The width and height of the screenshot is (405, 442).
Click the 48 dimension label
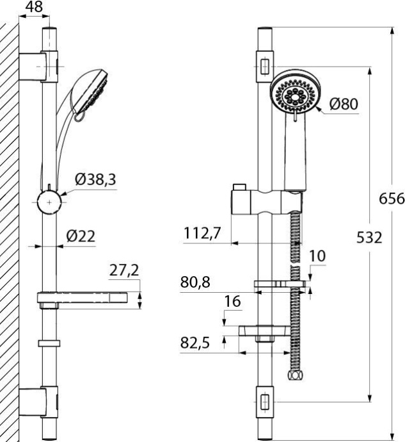click(34, 6)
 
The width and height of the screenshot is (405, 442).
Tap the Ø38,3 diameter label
click(95, 179)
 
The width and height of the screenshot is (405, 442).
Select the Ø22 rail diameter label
click(81, 236)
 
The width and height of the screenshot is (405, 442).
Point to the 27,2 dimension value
click(124, 270)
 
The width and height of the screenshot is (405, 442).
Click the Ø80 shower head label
click(344, 104)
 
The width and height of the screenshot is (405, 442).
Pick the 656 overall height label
click(392, 199)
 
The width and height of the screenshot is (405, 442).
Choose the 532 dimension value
click(369, 237)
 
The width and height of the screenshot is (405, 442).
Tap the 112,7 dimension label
click(202, 233)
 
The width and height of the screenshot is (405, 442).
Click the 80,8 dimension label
click(195, 282)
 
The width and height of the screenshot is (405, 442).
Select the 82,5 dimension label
click(195, 343)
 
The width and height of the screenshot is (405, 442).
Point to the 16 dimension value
click(232, 301)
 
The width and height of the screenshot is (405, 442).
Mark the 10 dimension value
click(317, 256)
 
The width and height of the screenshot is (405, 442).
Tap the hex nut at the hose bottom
click(294, 375)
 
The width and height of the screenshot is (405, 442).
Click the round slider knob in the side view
click(49, 202)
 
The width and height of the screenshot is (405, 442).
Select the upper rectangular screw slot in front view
click(265, 67)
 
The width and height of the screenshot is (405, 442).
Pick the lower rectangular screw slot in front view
click(265, 402)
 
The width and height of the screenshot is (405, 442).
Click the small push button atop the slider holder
click(239, 188)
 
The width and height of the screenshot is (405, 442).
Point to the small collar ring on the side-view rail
click(49, 343)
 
